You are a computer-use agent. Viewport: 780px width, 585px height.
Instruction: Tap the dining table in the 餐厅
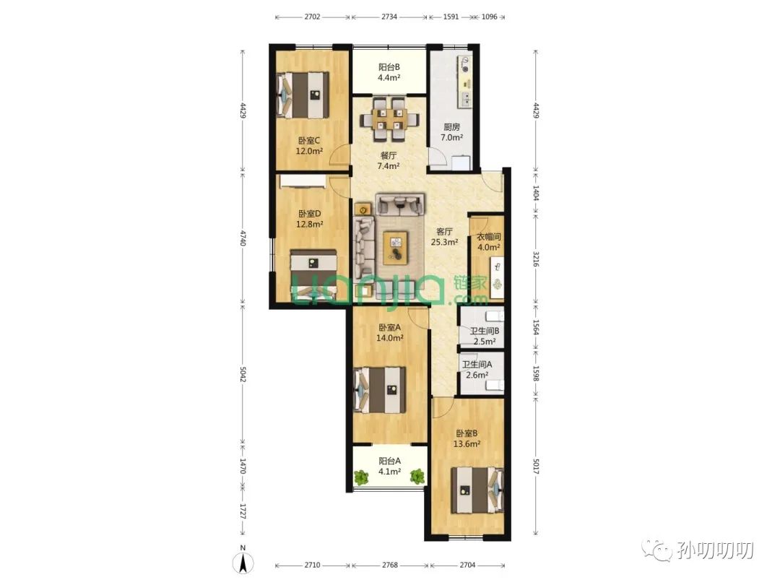point(389,119)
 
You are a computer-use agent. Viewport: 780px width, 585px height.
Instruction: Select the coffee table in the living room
point(396,248)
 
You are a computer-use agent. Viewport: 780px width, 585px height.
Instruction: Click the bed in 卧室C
point(303,95)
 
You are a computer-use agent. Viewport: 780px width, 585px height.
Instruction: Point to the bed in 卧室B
point(477,490)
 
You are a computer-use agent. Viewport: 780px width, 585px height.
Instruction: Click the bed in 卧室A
point(379,390)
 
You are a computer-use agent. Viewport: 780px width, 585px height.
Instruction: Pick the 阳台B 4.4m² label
point(389,72)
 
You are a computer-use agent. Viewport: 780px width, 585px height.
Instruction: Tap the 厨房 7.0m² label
point(451,132)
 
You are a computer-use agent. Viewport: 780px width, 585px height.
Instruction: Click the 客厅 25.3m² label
point(444,237)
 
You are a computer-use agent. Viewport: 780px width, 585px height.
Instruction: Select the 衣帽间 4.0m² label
point(488,242)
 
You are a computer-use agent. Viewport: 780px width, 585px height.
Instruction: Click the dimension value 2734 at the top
point(389,17)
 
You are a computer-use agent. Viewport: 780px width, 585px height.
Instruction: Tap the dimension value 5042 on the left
point(243,375)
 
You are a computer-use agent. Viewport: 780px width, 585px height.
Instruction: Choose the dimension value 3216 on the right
point(536,259)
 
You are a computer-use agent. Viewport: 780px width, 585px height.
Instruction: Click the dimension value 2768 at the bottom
point(390,565)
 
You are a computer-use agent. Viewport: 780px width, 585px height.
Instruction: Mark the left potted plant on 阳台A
point(361,477)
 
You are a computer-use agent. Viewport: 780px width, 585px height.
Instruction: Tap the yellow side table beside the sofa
point(363,209)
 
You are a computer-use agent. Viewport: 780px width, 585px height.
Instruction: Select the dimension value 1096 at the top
point(490,17)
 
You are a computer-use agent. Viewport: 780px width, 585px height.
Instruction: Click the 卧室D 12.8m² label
point(309,219)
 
